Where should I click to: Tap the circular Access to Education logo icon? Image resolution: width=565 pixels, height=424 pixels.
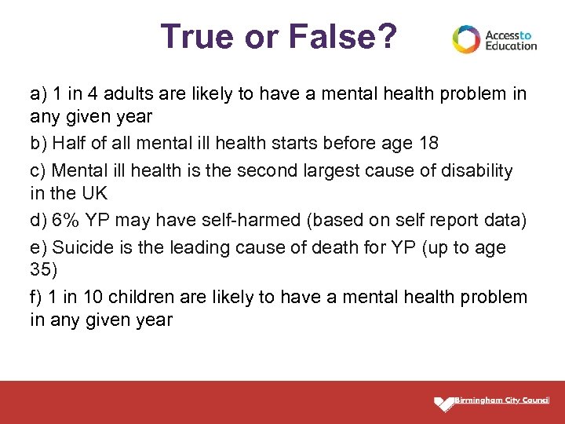point(466,39)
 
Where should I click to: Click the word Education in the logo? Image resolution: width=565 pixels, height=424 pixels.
point(511,46)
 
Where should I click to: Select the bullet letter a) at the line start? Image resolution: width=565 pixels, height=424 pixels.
point(38,95)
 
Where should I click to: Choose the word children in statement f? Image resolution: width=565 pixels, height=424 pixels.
point(143,297)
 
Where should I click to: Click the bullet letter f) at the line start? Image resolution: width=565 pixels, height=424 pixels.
point(36,297)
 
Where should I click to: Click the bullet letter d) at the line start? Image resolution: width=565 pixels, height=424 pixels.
point(38,221)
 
